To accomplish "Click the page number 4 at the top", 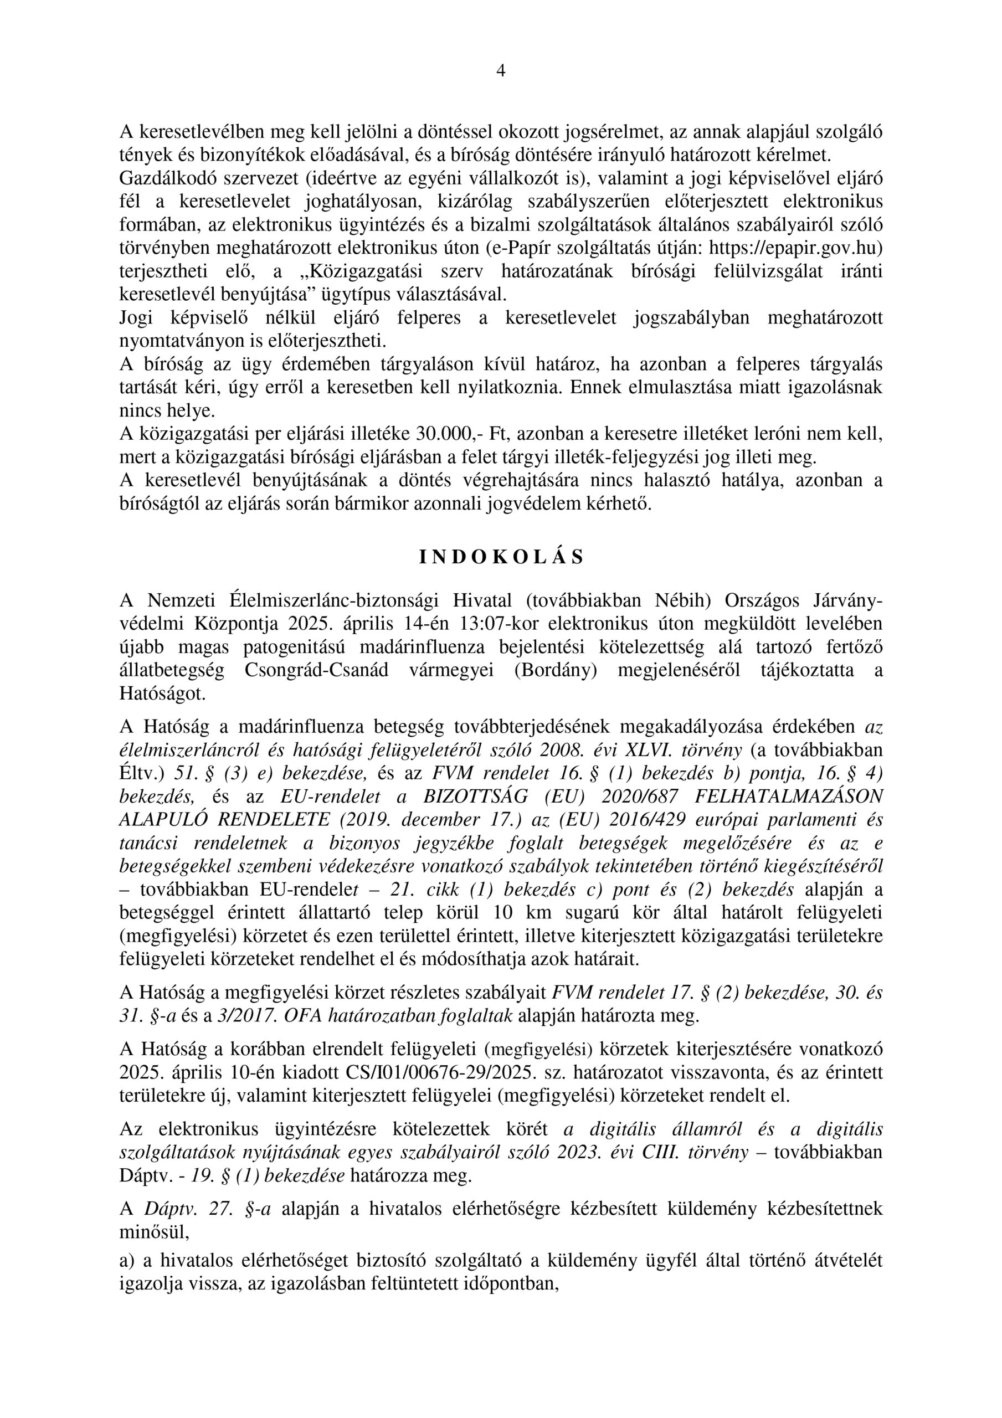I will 500,71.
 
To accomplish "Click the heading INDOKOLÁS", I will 501,558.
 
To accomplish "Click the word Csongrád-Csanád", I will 316,671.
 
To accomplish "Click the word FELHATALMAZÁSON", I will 789,795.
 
